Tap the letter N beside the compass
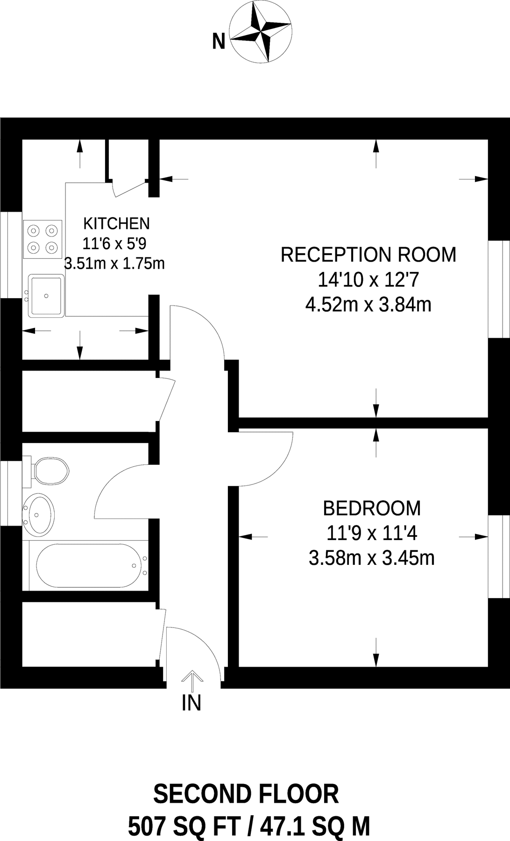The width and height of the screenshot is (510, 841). [219, 42]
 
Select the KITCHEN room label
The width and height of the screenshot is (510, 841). [116, 224]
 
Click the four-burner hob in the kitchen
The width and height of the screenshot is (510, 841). [42, 239]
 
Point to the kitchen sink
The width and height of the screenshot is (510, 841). [46, 295]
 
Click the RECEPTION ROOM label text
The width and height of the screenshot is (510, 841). [368, 255]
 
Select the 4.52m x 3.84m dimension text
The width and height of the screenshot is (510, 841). [368, 305]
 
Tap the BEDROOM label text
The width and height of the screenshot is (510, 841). [372, 508]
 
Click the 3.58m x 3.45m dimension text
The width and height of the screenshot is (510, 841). [372, 558]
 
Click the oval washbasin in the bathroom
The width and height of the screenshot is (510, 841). [39, 514]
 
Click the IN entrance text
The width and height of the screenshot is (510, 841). [191, 703]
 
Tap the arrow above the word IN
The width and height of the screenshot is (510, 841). [191, 680]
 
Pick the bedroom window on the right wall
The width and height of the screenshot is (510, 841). [499, 556]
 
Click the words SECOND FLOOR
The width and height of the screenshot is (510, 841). [246, 794]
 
